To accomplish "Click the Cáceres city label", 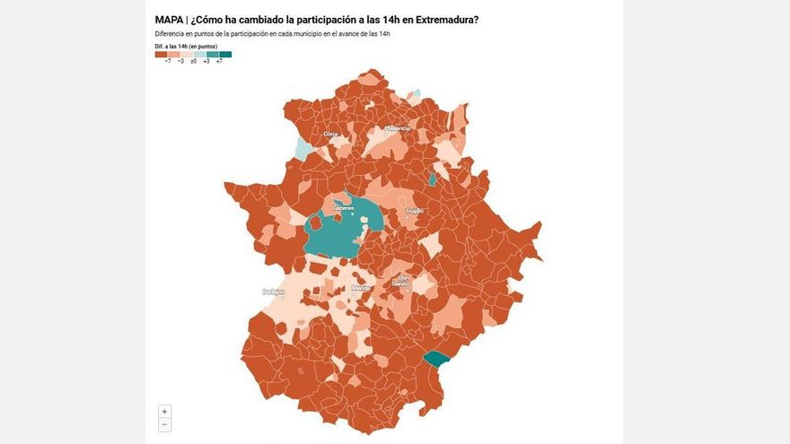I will point(343,208).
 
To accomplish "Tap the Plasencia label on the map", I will point(398,128).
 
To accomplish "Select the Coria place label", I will point(329,134).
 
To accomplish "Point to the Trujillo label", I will point(414,211).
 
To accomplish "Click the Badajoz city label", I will point(273,292).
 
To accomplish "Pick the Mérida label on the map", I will point(361,288).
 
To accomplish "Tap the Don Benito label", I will point(404,280).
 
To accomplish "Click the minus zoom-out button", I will point(164,424).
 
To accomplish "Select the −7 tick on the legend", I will point(168,61).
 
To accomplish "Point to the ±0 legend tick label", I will point(193,61).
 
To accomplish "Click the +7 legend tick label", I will point(219,61).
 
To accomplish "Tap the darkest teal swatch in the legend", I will point(225,54).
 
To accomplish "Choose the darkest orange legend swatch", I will point(161,54).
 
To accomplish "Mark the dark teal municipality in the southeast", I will point(437,359).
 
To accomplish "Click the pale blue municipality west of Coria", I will point(304,147).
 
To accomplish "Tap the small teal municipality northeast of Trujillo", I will point(432,179).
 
